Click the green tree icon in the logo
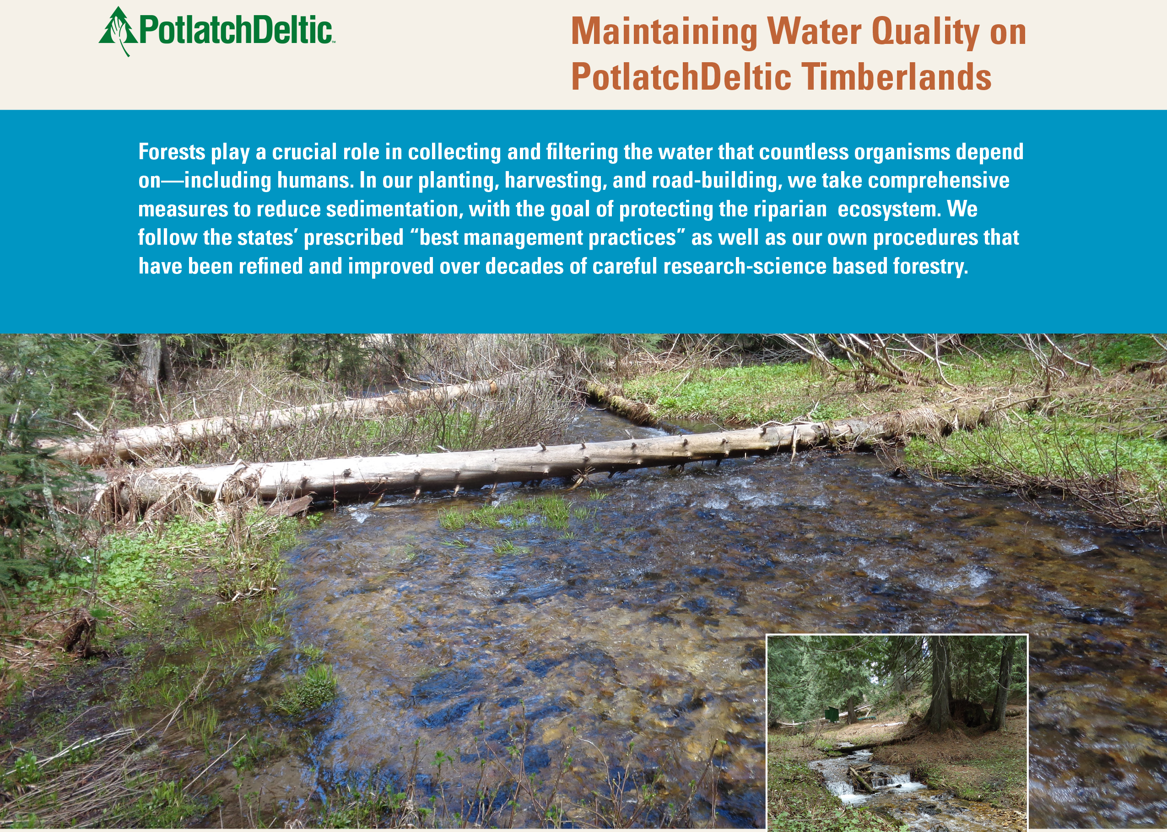pyautogui.click(x=119, y=31)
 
